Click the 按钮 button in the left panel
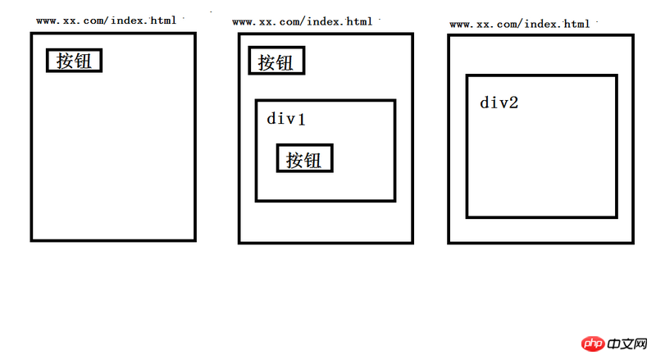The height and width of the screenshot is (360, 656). click(x=74, y=61)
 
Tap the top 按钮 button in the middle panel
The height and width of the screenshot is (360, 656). click(x=276, y=62)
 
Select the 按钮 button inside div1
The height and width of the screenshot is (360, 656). click(x=304, y=159)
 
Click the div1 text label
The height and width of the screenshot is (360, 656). click(x=286, y=119)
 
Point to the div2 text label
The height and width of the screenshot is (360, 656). click(x=499, y=103)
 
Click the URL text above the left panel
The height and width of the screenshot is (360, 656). click(x=105, y=20)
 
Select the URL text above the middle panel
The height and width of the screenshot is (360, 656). click(x=302, y=21)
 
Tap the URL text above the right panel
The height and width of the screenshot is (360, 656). click(x=520, y=25)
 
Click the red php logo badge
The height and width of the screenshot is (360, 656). click(x=593, y=343)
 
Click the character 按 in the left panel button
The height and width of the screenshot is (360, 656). click(x=65, y=61)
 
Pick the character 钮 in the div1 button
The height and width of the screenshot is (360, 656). click(x=313, y=159)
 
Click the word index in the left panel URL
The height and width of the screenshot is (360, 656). click(x=130, y=20)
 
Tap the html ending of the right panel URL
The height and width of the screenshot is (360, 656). click(x=576, y=25)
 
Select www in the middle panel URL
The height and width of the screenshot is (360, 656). click(x=242, y=21)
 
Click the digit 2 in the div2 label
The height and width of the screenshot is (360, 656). click(x=513, y=103)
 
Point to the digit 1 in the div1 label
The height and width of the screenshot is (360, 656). click(x=301, y=119)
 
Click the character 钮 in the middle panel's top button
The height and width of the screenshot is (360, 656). click(x=285, y=62)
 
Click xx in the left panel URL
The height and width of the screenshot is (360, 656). click(x=70, y=20)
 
